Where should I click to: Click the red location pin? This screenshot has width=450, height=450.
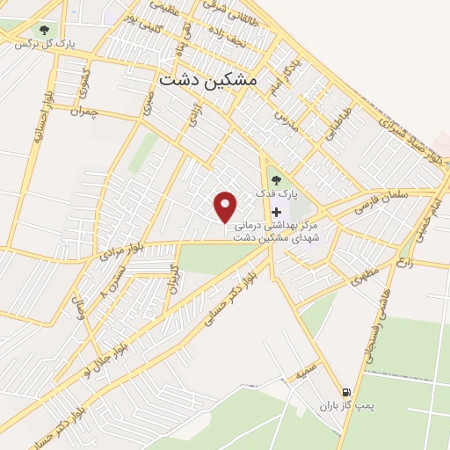pyautogui.click(x=227, y=207)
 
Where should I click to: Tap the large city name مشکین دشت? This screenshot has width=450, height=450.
pyautogui.click(x=209, y=79)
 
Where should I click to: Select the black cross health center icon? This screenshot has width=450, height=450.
pyautogui.click(x=277, y=212)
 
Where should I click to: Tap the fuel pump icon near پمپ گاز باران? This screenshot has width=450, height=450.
pyautogui.click(x=345, y=392)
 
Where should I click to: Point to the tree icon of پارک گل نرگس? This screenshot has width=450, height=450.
pyautogui.click(x=43, y=31)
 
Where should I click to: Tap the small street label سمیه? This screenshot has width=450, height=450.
pyautogui.click(x=305, y=373)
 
